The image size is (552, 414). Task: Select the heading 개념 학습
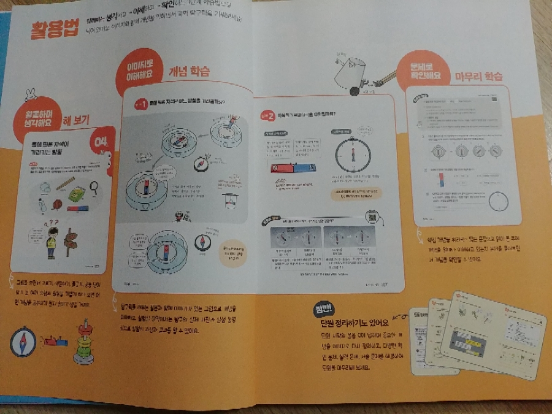click(x=190, y=72)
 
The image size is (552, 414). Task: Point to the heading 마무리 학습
click(x=478, y=77)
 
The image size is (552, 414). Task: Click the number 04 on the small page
click(x=99, y=142)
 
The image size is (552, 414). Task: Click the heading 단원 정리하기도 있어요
click(x=349, y=322)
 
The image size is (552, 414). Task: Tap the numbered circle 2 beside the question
click(x=266, y=114)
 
